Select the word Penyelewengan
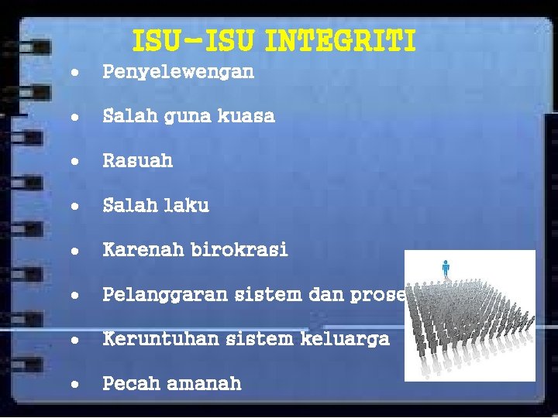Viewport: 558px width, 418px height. point(178,73)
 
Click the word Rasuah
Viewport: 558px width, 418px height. point(138,161)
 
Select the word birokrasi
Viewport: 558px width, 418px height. point(239,249)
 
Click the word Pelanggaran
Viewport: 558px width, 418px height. point(165,295)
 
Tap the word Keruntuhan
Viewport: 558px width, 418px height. point(160,338)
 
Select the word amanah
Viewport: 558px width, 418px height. point(204,382)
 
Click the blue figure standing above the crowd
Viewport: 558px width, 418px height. point(446,268)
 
